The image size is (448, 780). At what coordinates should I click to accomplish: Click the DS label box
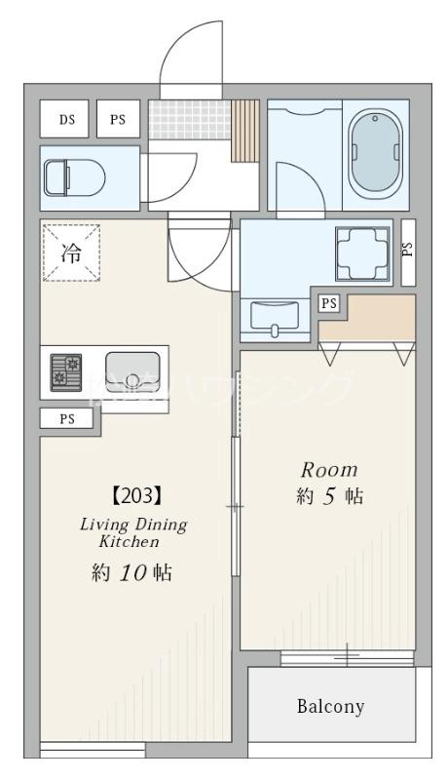pos(66,120)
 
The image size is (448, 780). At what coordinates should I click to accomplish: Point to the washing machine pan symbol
pos(362,253)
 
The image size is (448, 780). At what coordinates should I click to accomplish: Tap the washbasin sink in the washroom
pos(275,316)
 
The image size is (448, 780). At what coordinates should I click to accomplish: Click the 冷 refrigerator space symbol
pos(72,253)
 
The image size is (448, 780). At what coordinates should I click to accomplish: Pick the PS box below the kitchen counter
pos(68,420)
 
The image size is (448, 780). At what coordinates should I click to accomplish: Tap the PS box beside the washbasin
pos(329,303)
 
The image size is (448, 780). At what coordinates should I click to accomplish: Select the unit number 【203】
pos(131,495)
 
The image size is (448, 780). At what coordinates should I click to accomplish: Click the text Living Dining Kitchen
pos(132,532)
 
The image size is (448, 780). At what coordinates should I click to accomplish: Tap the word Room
pos(328,468)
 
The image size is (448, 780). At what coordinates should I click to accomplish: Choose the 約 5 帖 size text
pos(329,496)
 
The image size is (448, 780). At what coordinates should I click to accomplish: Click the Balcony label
pos(330,706)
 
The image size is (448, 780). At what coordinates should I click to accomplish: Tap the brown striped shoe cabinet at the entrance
pos(245,130)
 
